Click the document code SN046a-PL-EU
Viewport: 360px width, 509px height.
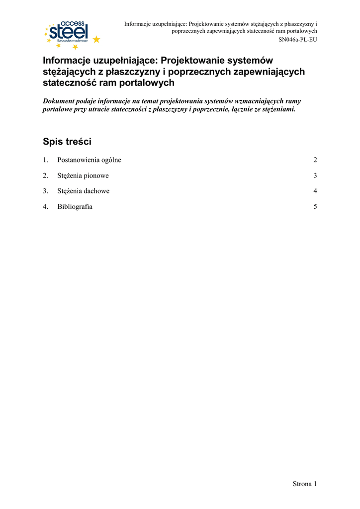(298, 39)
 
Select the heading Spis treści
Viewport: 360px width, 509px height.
(67, 142)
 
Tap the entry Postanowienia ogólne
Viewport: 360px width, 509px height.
(89, 160)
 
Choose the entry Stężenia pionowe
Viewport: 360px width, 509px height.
(83, 175)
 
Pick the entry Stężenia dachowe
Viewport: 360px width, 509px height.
(83, 191)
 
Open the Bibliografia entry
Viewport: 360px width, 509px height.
(75, 207)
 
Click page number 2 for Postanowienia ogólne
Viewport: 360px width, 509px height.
(315, 160)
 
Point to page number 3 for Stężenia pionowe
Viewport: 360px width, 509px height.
(315, 175)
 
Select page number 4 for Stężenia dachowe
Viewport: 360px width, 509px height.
(315, 191)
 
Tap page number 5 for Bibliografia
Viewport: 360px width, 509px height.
(315, 207)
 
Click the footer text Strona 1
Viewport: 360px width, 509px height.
(304, 484)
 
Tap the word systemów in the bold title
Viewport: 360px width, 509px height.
(252, 60)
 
